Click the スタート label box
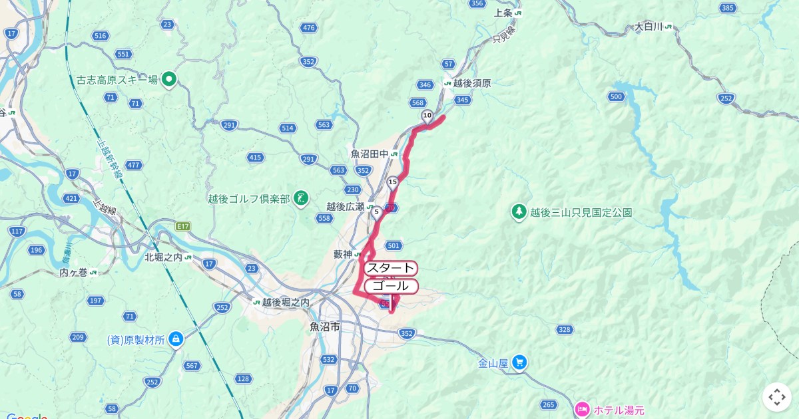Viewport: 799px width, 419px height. (x=391, y=268)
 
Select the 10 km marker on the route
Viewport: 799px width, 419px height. (x=427, y=116)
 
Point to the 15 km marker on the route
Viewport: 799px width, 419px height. (x=393, y=182)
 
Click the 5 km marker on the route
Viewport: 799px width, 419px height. (x=377, y=212)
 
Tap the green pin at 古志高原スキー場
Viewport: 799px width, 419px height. (x=169, y=80)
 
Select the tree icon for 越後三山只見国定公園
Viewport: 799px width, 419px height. (x=519, y=212)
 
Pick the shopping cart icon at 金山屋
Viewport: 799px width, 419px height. (x=520, y=363)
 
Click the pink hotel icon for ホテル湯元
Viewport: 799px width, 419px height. (x=582, y=408)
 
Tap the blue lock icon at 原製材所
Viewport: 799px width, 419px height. (x=176, y=339)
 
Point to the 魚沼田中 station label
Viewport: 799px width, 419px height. (x=370, y=154)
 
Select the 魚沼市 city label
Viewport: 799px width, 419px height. (x=325, y=327)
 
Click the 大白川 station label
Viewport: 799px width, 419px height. (x=648, y=27)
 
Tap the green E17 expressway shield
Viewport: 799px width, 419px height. (x=183, y=227)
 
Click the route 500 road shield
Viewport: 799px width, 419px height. (x=616, y=97)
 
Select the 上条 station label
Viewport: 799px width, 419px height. (x=503, y=13)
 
